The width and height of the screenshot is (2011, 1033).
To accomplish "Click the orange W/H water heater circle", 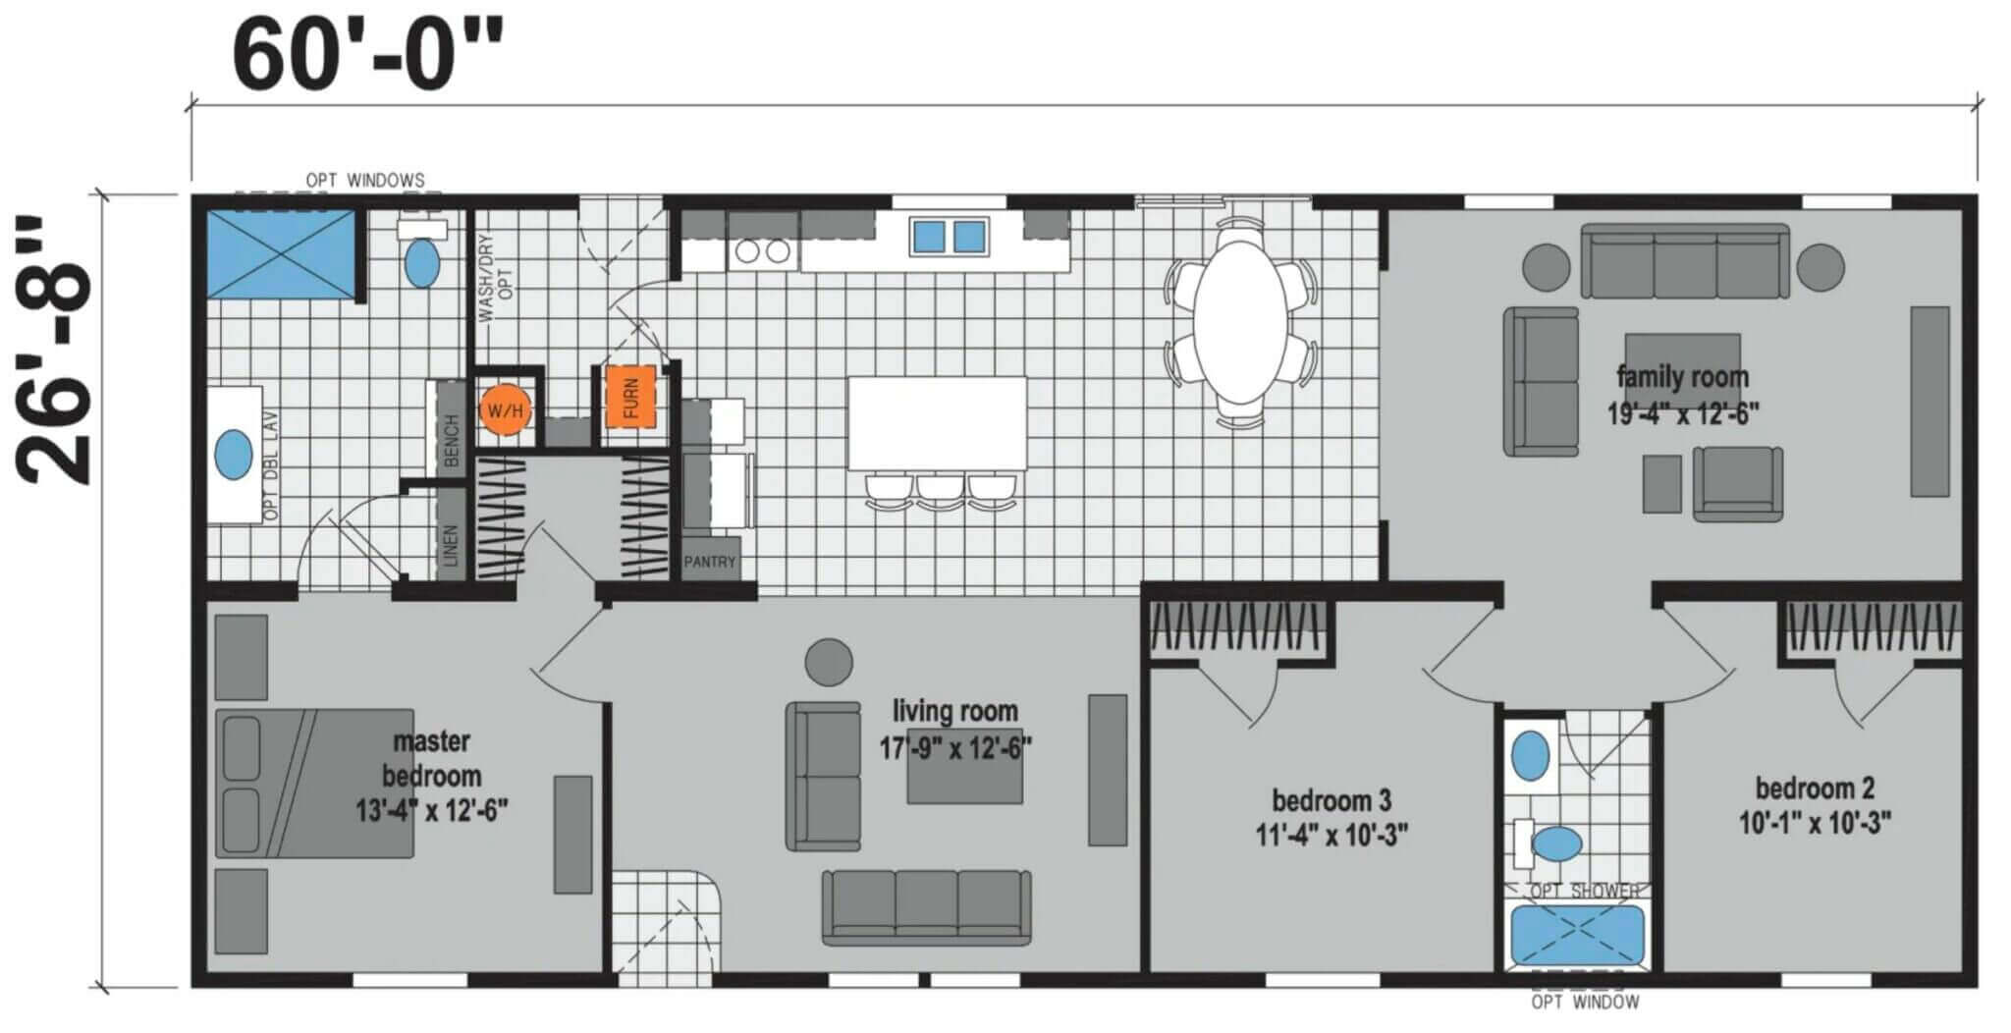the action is [506, 410].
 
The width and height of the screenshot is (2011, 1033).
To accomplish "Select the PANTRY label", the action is [709, 562].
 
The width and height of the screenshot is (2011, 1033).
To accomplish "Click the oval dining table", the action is [1240, 321].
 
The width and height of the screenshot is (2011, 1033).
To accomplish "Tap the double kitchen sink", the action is [949, 237].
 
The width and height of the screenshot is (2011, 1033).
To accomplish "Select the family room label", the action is [1682, 376].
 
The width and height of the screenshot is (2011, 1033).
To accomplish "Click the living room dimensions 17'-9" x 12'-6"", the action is [954, 747].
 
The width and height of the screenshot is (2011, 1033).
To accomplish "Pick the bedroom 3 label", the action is [1332, 800].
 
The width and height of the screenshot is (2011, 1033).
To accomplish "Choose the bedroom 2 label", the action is [1815, 788].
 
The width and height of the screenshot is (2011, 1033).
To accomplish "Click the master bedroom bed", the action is [314, 784].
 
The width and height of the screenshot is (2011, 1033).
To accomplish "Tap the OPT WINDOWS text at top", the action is [365, 181].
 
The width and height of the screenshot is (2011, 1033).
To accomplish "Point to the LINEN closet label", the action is [452, 546].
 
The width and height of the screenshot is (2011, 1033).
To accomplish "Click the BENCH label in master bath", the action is [452, 441].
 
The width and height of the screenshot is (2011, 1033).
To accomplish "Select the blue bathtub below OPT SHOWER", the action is [1577, 935].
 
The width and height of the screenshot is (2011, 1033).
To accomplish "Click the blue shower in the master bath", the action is [280, 253].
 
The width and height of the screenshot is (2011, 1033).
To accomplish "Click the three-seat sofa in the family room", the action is [1685, 261].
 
